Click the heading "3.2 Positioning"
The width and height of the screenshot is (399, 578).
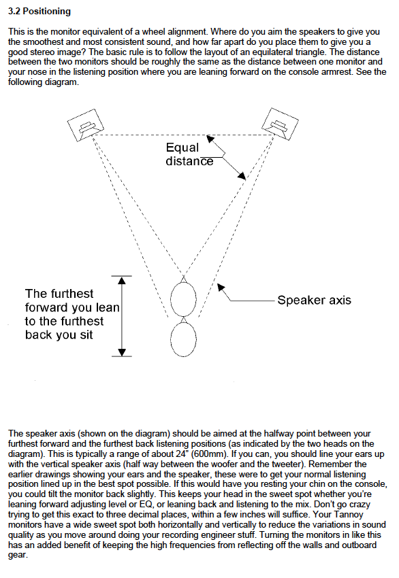39,12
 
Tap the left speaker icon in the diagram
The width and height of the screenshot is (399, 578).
86,124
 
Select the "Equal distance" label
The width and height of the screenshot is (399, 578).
189,154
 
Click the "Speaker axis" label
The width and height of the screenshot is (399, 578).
314,300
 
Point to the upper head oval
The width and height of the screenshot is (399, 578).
183,299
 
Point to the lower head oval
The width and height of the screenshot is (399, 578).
183,339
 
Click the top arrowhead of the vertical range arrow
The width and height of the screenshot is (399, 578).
122,279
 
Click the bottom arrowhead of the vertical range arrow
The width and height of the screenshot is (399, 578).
122,352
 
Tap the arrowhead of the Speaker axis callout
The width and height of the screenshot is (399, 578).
221,287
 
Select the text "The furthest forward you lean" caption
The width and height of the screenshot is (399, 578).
72,301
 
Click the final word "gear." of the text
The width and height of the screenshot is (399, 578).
18,555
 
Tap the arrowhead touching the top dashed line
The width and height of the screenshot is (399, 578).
210,138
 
